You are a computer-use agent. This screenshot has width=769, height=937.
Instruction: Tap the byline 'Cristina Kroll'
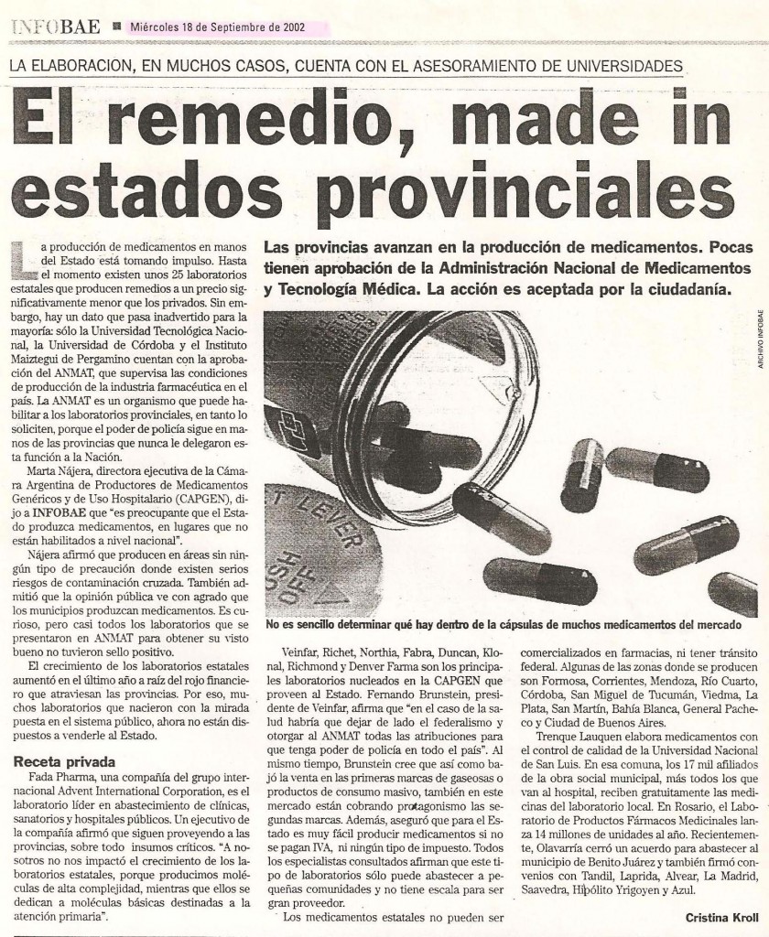[x=720, y=918]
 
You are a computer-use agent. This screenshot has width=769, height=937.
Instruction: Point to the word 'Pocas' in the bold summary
[x=731, y=247]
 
